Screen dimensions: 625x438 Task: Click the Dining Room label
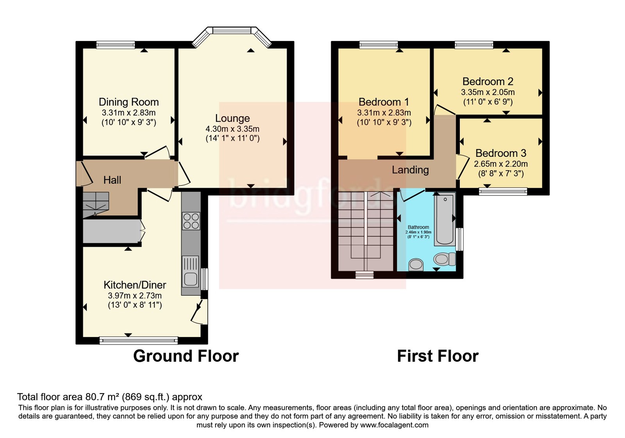click(x=129, y=102)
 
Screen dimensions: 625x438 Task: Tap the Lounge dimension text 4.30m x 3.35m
click(x=232, y=129)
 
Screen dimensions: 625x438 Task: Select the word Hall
click(x=112, y=180)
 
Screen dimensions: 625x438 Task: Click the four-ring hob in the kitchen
click(x=191, y=221)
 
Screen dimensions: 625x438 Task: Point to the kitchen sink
click(x=191, y=272)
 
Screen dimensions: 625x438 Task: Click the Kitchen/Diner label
click(x=135, y=285)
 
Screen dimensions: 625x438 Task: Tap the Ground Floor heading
click(x=186, y=356)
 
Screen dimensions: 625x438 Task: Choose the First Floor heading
click(x=438, y=356)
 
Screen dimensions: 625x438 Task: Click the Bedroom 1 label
click(x=384, y=102)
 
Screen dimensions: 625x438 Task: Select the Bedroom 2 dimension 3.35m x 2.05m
click(x=488, y=92)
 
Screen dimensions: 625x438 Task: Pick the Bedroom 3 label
click(x=501, y=153)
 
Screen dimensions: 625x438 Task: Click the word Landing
click(x=410, y=170)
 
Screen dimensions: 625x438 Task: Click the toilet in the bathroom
click(x=445, y=259)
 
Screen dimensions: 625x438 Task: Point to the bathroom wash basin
click(x=416, y=264)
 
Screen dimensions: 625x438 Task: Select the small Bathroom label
click(x=418, y=227)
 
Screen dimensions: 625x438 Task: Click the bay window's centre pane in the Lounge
click(x=232, y=30)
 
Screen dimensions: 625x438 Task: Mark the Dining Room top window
click(x=116, y=45)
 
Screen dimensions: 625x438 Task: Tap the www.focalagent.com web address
click(x=394, y=425)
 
